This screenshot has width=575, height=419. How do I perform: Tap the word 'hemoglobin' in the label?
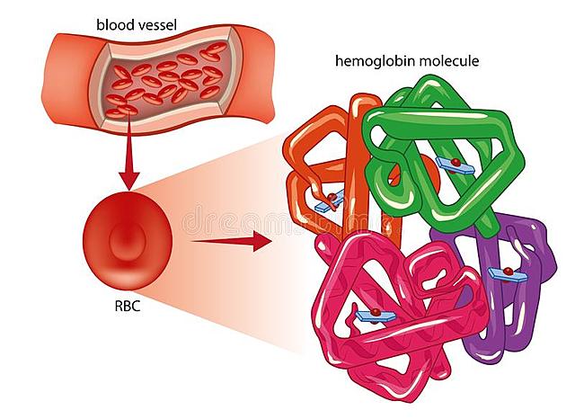tap(367, 62)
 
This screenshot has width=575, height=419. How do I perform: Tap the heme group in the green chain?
tap(452, 165)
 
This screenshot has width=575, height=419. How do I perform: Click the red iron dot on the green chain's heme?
tap(456, 161)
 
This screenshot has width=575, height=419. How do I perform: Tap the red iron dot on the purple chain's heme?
tap(508, 269)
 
